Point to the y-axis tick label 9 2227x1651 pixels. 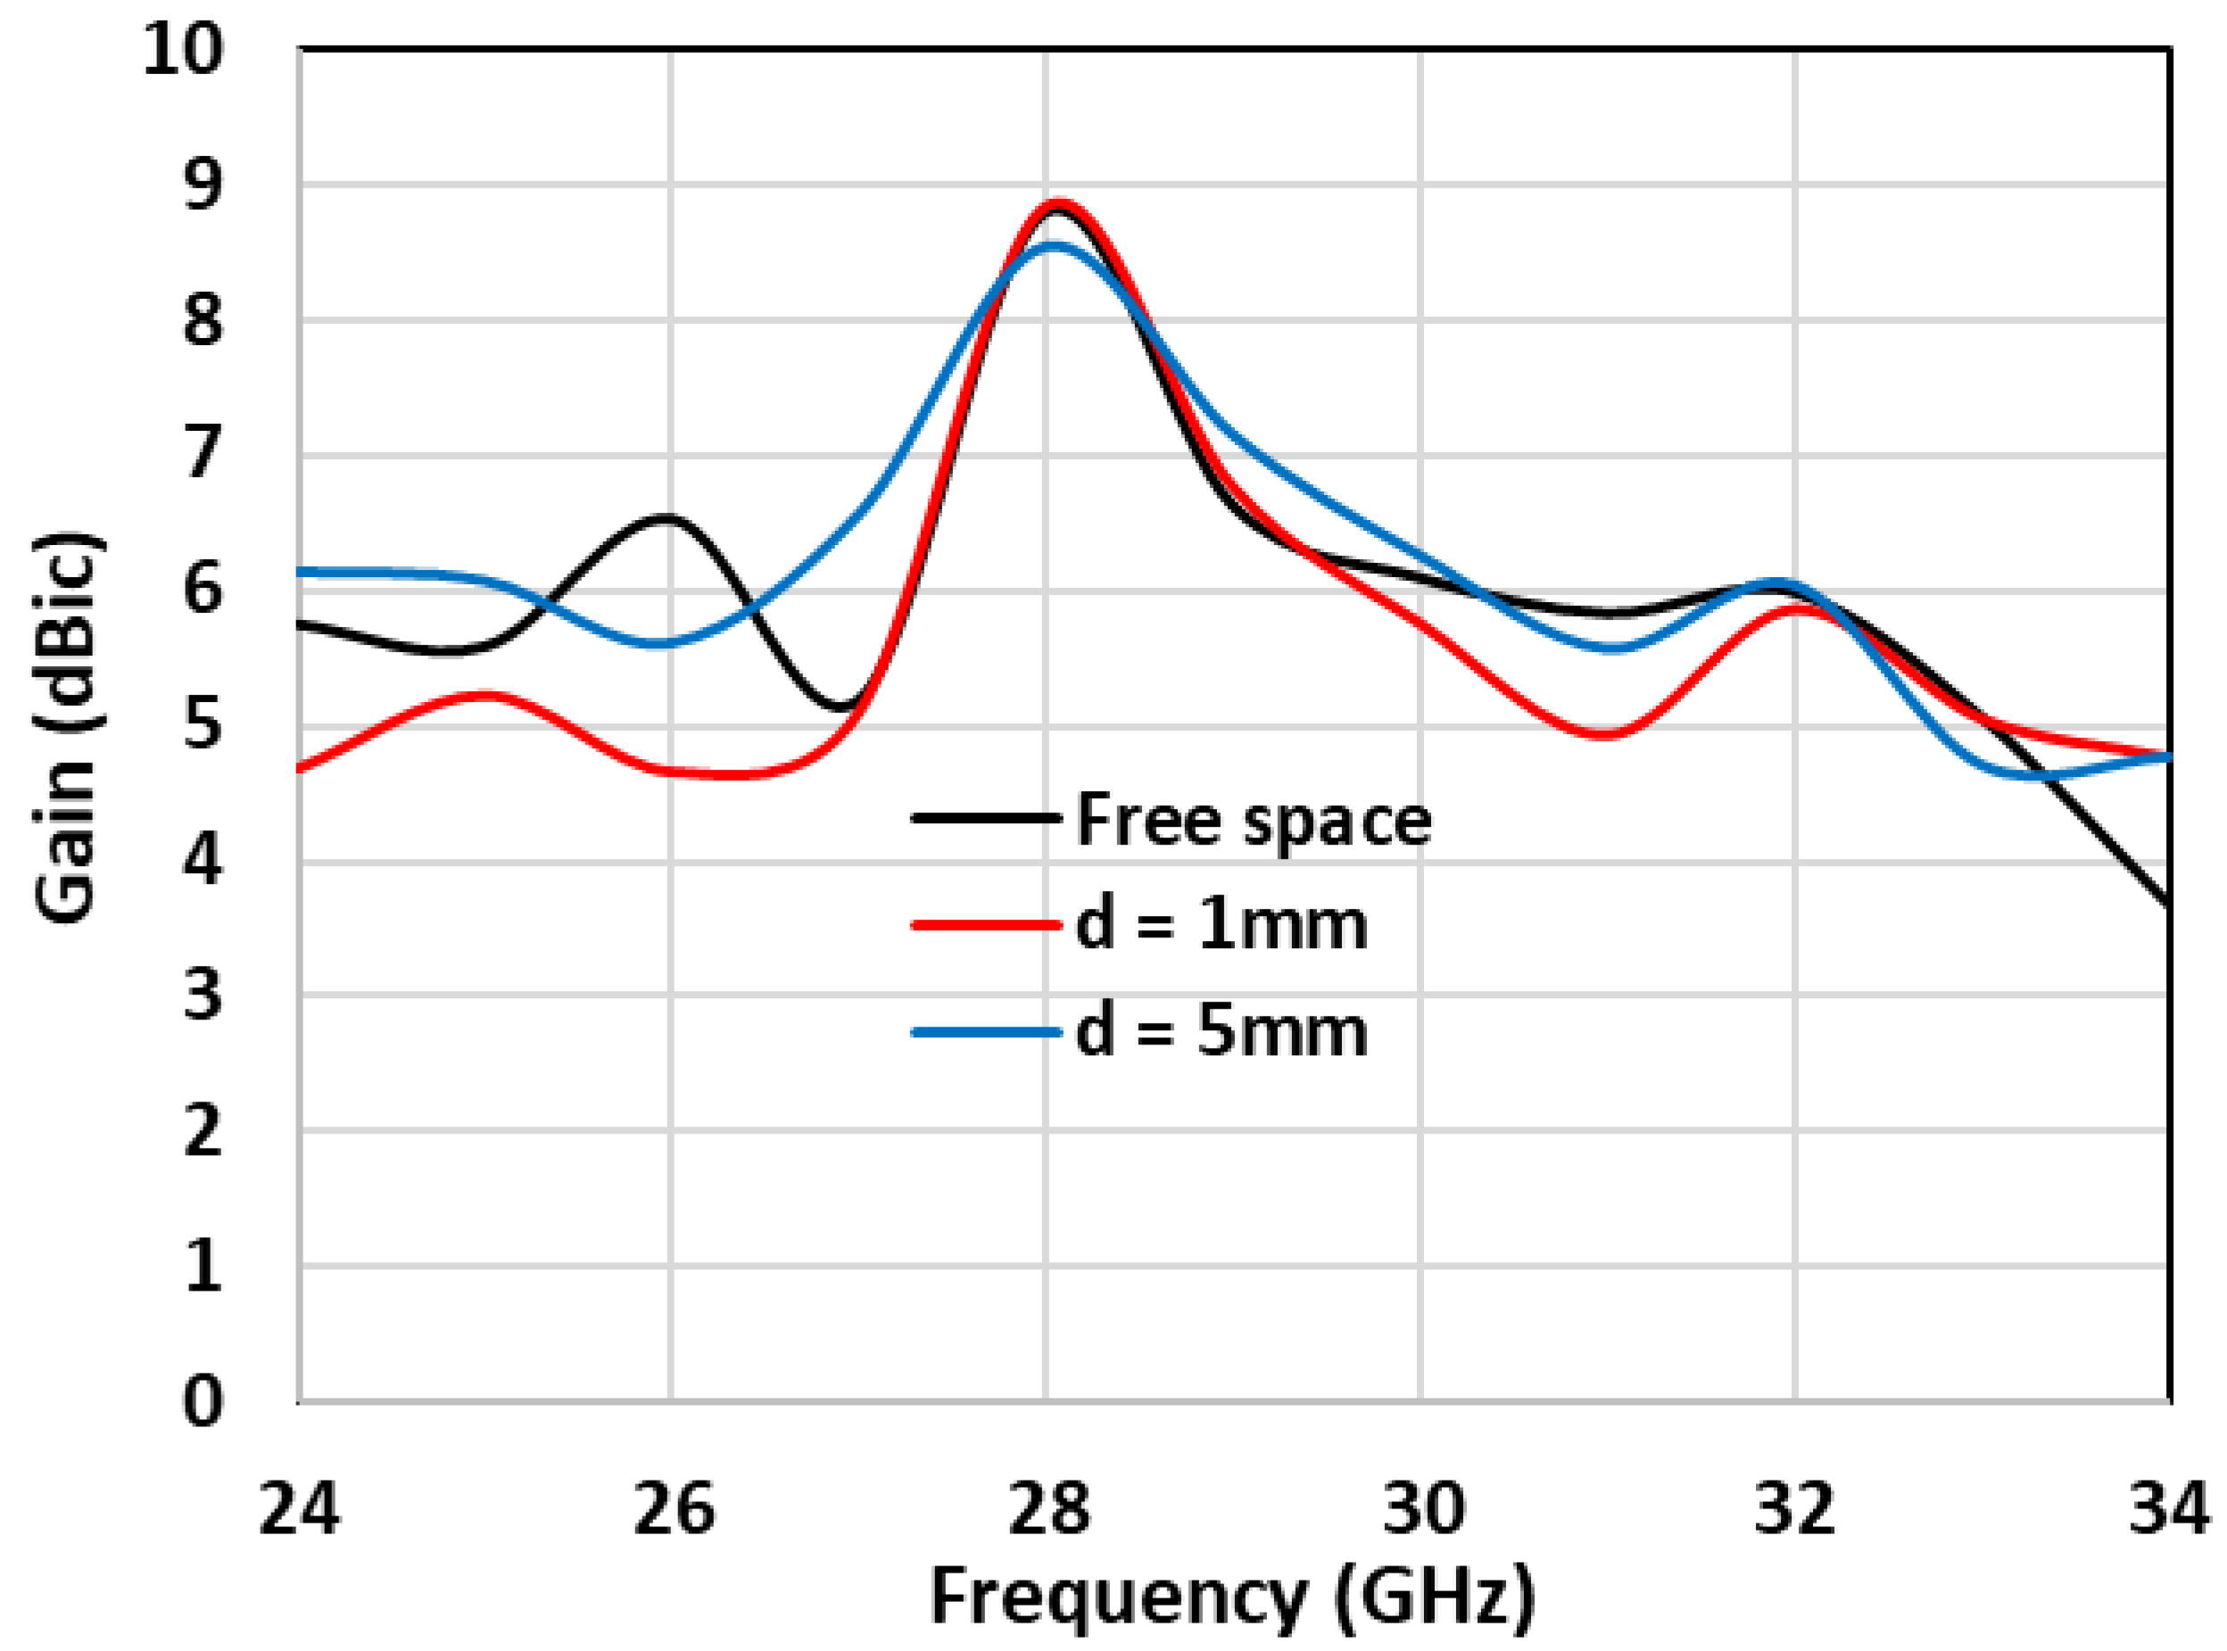[203, 185]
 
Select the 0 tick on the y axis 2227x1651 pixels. [203, 1401]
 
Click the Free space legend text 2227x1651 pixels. [1254, 821]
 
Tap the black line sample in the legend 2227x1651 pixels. [986, 819]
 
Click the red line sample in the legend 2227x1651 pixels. [986, 924]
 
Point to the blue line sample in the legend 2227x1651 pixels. [986, 1030]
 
